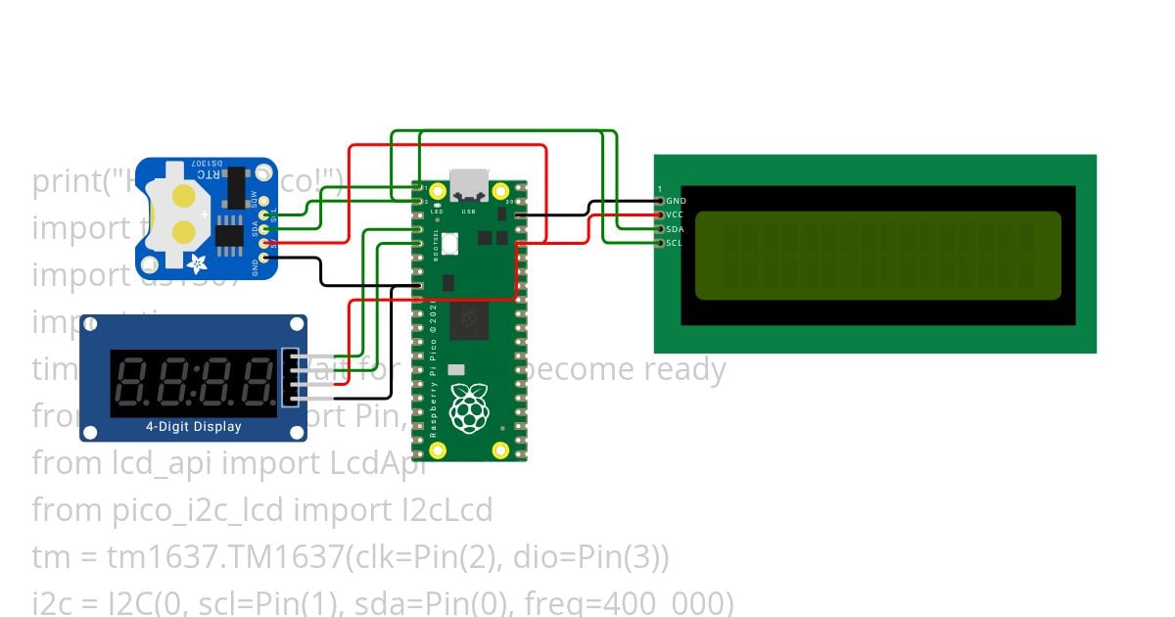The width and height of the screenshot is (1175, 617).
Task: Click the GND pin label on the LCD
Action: tap(676, 201)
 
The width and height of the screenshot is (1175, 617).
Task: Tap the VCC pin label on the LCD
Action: tap(675, 214)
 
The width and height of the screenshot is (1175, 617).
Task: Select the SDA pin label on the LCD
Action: tap(675, 229)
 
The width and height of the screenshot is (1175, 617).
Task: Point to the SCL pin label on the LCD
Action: tap(674, 243)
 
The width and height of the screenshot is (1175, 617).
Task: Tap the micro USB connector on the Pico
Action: tap(468, 183)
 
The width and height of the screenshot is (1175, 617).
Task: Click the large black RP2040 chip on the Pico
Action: tap(469, 320)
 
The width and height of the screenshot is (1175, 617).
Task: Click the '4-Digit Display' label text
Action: tap(193, 426)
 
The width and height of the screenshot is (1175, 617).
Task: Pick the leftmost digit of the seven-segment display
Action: tap(134, 381)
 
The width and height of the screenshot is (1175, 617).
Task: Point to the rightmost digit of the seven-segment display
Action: tap(258, 381)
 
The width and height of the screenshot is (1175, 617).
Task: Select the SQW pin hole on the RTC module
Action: tap(263, 200)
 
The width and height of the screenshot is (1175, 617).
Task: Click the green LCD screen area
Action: tap(877, 255)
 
